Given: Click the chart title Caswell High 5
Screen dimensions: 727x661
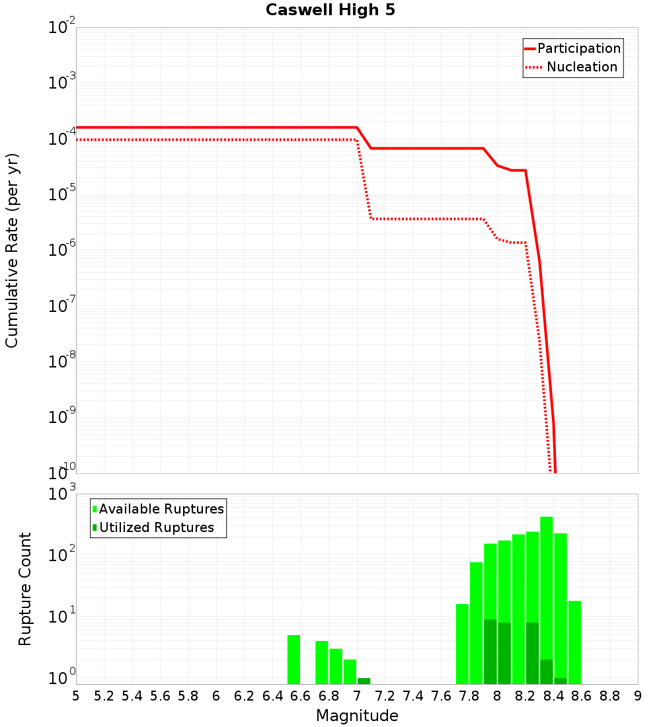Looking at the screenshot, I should (330, 11).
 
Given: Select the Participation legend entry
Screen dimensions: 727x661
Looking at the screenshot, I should (578, 49).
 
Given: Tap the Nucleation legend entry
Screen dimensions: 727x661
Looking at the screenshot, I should (582, 67).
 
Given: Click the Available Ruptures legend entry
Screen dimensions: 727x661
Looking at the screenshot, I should (161, 509).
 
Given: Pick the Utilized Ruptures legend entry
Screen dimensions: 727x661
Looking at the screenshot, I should (156, 527).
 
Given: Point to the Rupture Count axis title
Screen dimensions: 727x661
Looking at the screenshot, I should (25, 589).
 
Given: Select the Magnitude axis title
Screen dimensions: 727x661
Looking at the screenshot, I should (357, 716).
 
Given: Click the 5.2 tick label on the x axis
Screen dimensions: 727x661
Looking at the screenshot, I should (104, 696).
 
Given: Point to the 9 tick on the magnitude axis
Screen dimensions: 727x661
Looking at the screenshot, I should (638, 696).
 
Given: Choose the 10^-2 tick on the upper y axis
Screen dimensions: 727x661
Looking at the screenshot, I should (62, 28).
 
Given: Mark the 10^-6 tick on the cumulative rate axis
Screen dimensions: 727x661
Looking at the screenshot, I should (62, 250).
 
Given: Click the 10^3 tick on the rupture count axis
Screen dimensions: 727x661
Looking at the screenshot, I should (62, 494).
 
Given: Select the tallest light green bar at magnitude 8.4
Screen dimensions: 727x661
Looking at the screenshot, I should (546, 582).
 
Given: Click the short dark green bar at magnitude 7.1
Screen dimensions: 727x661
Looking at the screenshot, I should (364, 681).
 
